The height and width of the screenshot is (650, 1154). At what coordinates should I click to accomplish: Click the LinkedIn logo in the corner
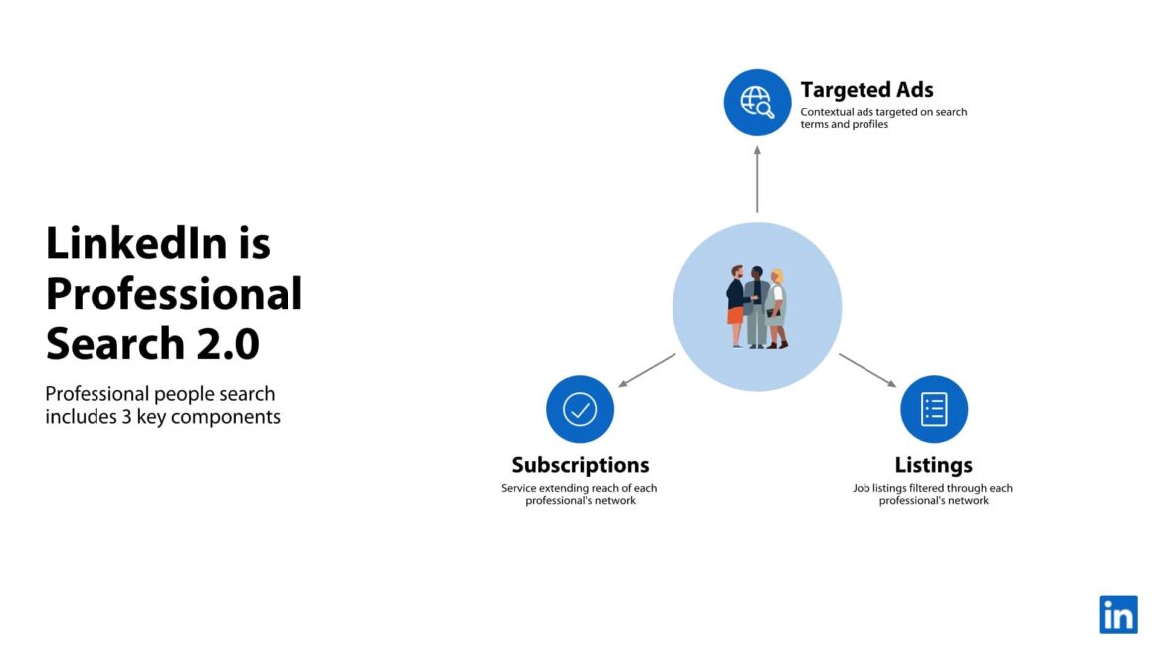1118,615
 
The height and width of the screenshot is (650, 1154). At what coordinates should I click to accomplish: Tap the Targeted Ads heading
866,89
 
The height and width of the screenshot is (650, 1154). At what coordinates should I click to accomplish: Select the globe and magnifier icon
757,103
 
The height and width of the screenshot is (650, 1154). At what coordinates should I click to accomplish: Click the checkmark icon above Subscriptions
580,409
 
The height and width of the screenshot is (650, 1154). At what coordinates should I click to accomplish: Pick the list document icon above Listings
934,409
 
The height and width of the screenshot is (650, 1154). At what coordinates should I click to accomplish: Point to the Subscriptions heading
580,465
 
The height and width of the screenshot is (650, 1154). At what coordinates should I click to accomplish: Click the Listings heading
933,465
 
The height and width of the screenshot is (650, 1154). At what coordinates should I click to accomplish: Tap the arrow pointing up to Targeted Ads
757,179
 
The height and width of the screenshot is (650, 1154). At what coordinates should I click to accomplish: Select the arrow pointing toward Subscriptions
647,370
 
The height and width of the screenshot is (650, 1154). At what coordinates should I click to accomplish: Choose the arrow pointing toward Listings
867,370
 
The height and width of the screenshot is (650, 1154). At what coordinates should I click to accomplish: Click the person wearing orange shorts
736,307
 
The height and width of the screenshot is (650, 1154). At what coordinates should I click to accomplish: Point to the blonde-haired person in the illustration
776,310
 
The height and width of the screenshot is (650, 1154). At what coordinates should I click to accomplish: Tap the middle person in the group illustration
757,307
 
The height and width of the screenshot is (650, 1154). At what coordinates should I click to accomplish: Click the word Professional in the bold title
174,295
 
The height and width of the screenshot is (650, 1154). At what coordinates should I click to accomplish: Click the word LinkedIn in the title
137,243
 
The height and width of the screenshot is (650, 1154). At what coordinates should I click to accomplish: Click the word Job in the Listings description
862,488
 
